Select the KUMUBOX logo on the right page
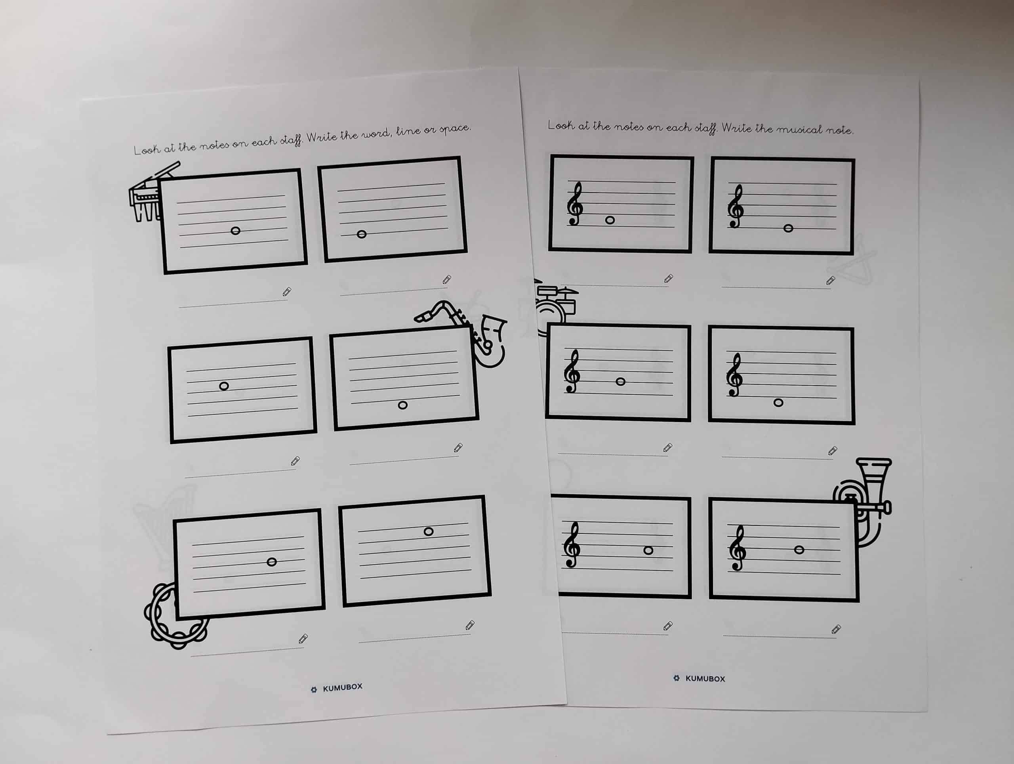[x=699, y=678]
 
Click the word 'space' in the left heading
[x=455, y=128]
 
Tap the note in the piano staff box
[x=235, y=231]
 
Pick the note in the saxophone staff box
[x=402, y=405]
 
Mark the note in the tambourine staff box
[x=271, y=562]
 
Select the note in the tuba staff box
[x=799, y=549]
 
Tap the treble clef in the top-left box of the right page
[x=575, y=204]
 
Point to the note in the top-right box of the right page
[x=788, y=228]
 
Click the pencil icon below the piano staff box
[x=286, y=292]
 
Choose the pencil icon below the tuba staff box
[x=836, y=629]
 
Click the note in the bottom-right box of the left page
[x=428, y=531]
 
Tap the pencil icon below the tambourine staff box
[x=303, y=638]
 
